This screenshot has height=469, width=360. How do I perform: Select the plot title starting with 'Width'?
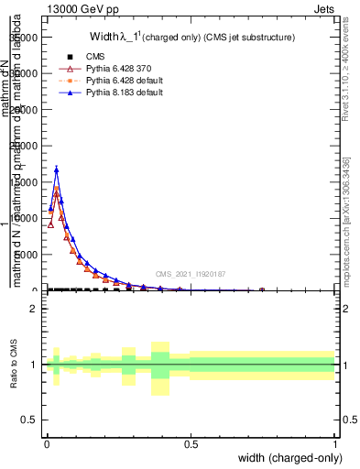[x=191, y=38]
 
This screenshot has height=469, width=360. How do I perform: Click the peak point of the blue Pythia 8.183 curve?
[x=57, y=169]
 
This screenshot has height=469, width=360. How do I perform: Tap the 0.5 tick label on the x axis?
[x=191, y=442]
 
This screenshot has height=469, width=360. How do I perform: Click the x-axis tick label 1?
[x=335, y=442]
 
